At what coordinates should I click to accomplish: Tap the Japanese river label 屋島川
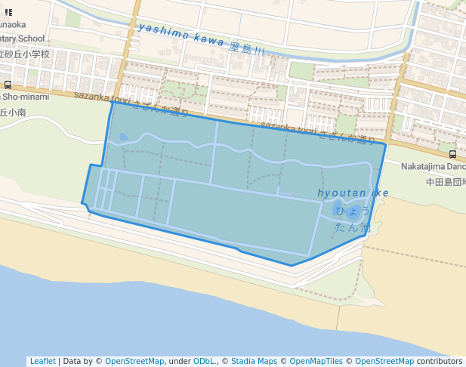248,49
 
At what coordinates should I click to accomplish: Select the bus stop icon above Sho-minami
8,85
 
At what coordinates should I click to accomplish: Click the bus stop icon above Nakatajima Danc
452,154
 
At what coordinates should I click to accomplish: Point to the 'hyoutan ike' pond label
353,193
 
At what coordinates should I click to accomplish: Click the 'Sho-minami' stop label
24,97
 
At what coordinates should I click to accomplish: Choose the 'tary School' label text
23,39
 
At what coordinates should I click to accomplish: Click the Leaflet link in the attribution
42,361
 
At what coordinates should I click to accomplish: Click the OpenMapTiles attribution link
316,361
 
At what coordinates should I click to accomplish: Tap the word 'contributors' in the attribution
440,361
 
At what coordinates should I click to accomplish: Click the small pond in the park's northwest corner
123,137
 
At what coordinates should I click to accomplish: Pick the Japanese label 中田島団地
445,182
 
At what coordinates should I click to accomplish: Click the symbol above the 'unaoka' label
8,12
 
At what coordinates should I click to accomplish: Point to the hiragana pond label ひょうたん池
354,218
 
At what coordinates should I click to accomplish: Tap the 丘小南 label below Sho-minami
13,112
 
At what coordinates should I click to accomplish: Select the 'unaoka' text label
14,24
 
